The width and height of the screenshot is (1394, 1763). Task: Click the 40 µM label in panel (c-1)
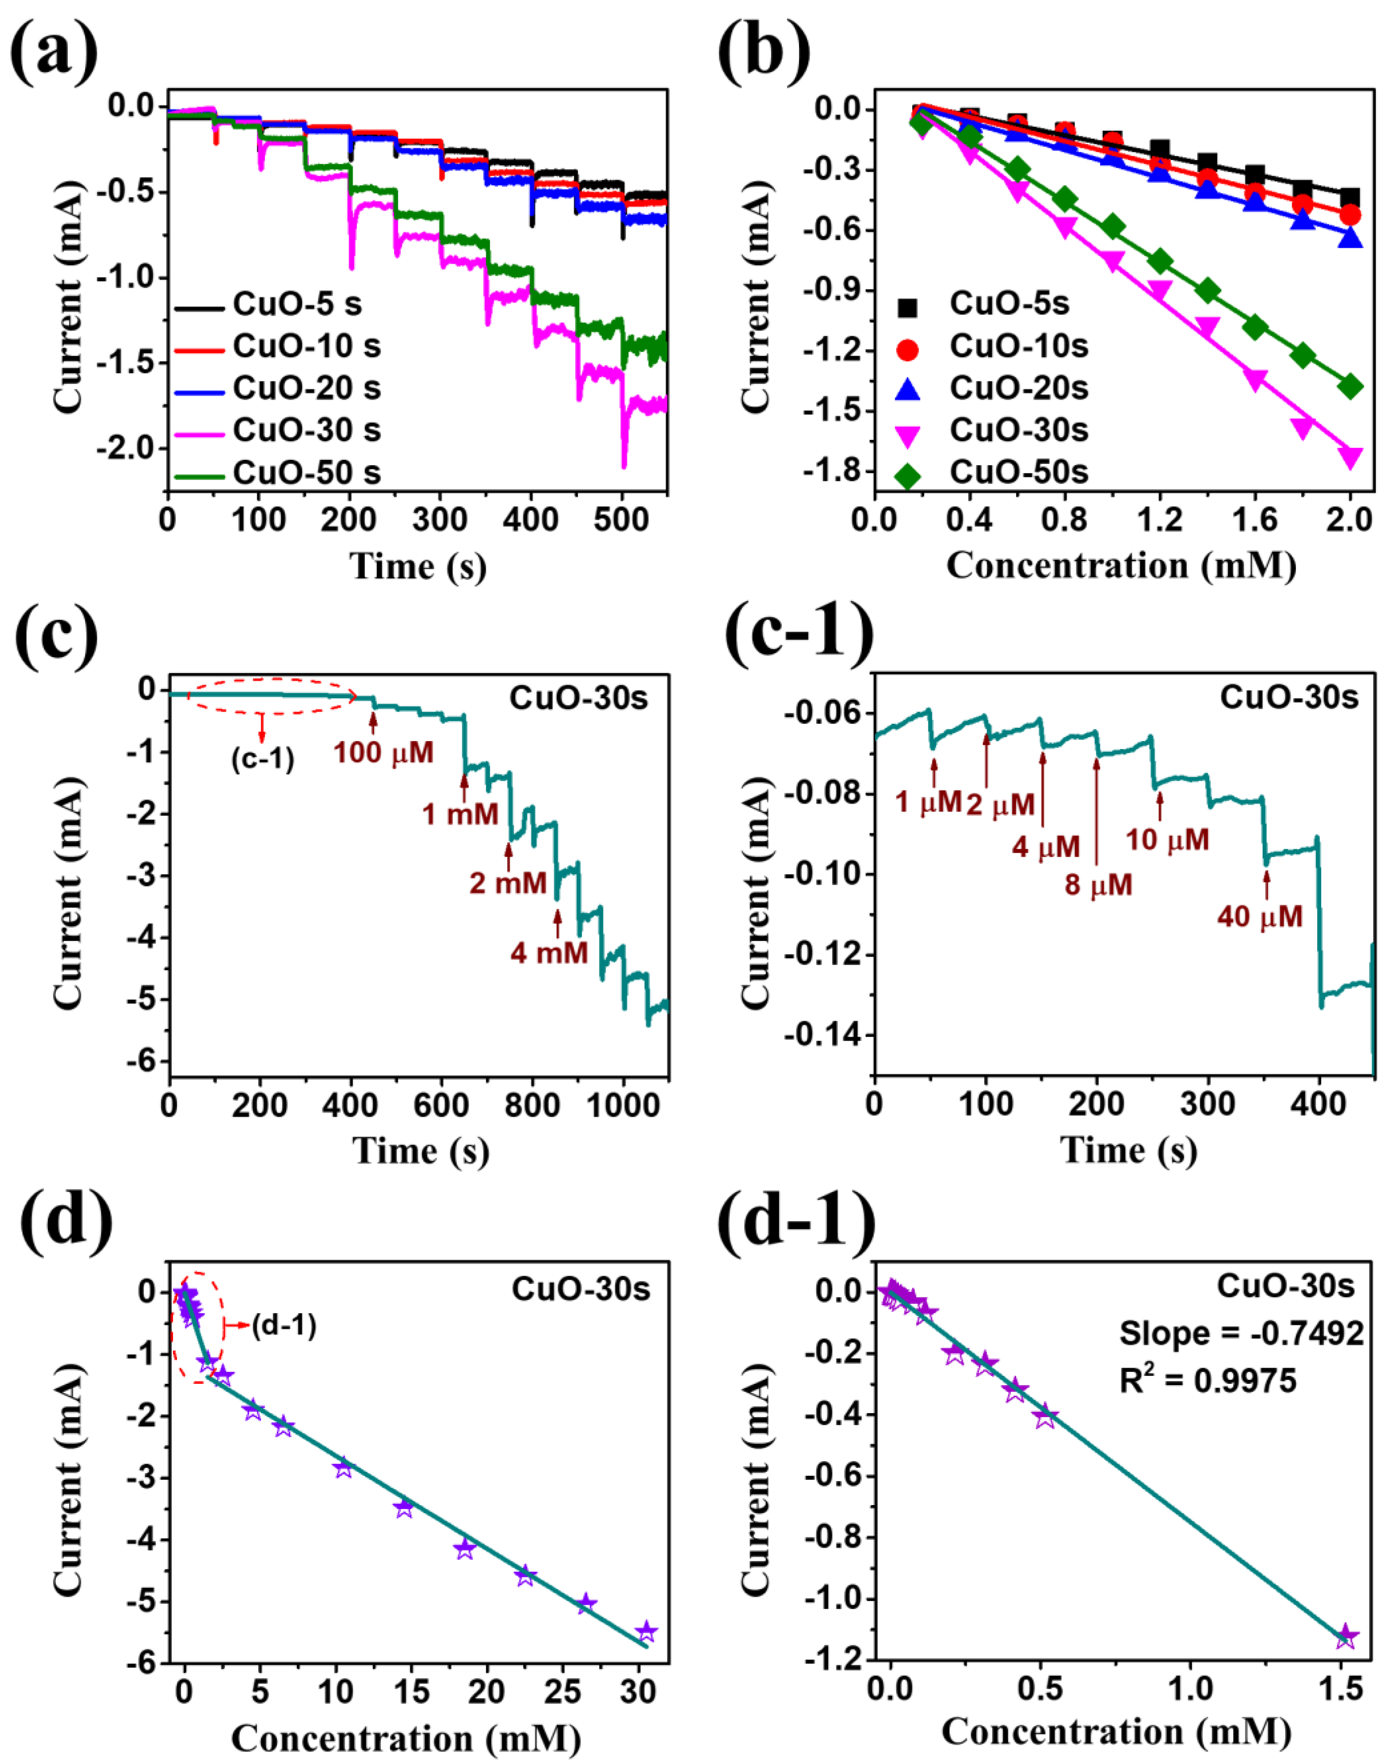coord(1259,917)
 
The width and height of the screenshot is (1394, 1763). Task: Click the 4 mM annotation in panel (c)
coord(549,952)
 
